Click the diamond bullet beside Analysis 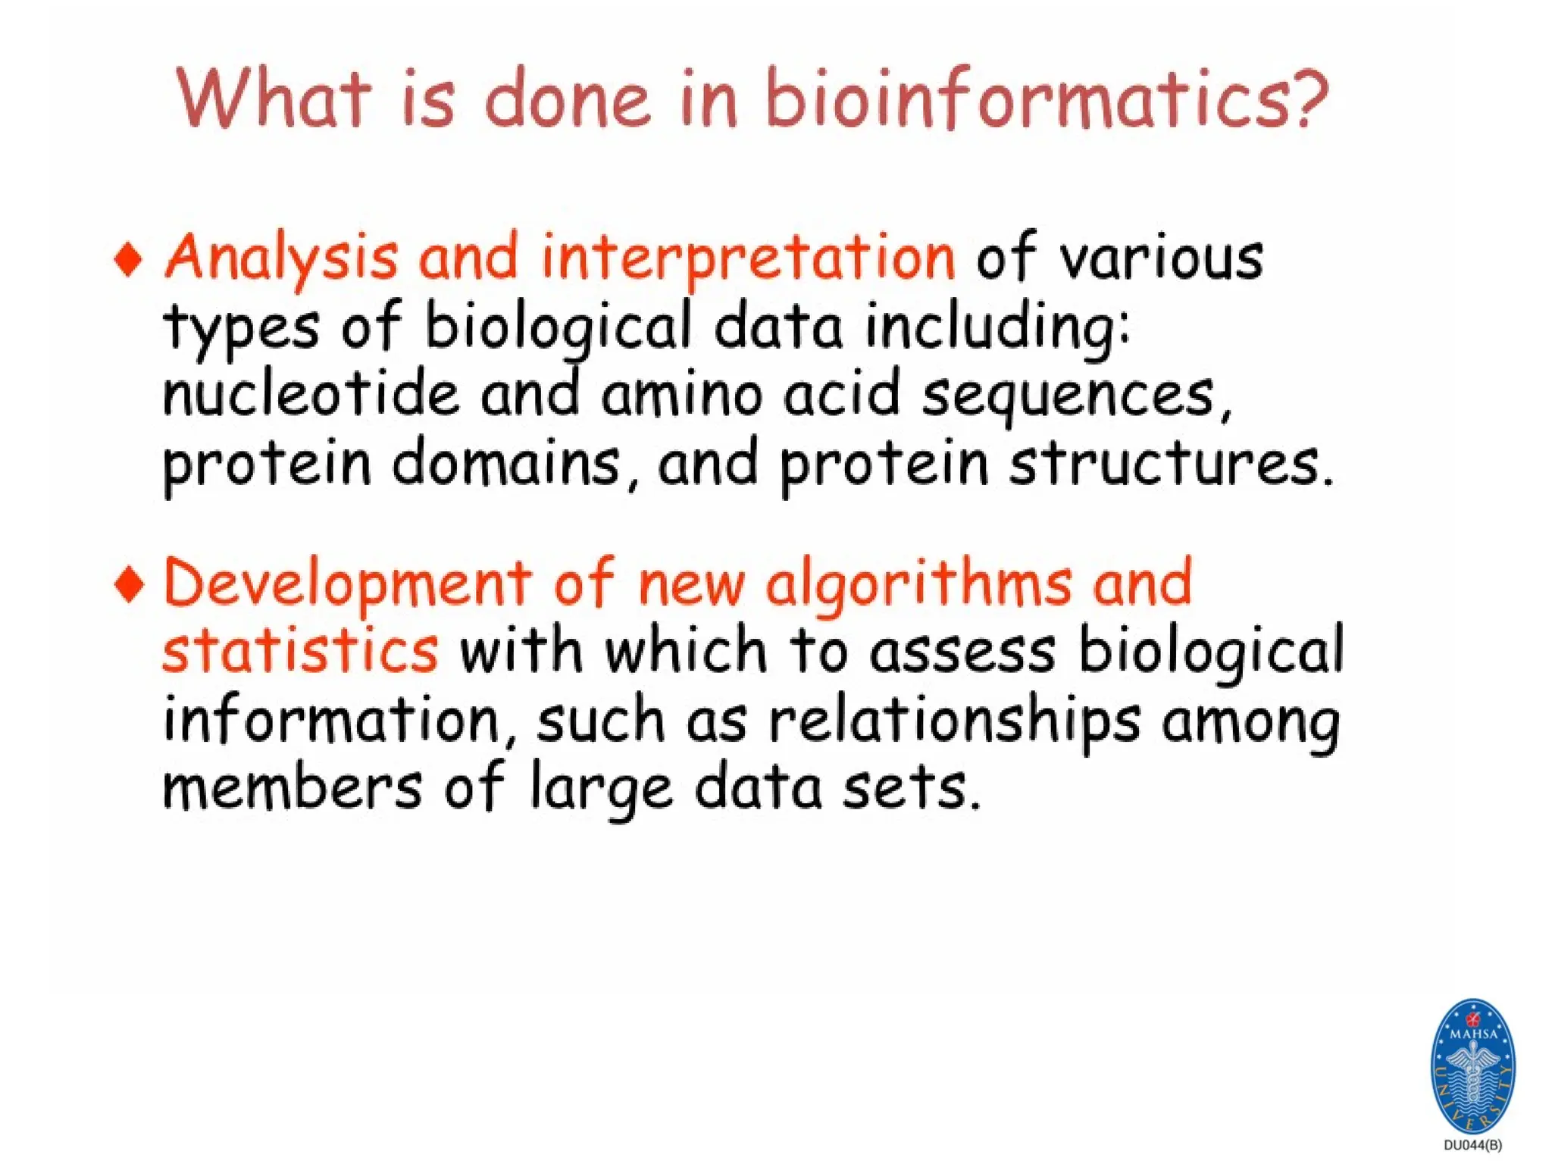(x=129, y=259)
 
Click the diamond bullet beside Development (x=129, y=585)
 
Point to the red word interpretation (x=748, y=258)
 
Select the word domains (x=505, y=464)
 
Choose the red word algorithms (x=918, y=585)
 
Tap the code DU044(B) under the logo (x=1472, y=1145)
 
